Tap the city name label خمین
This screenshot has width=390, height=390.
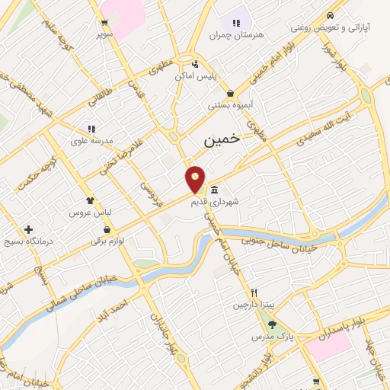pos(222,140)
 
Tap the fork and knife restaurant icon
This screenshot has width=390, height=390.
pos(255,292)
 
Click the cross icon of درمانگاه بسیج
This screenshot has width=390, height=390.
pos(29,229)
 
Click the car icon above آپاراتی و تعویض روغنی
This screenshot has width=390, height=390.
pos(329,15)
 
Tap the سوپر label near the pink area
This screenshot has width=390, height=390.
pos(105,34)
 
